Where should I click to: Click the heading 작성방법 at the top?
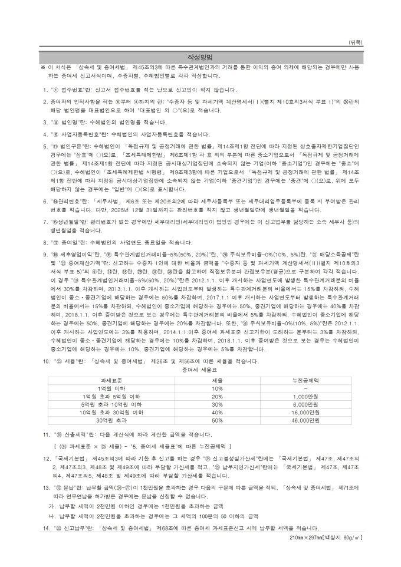point(200,57)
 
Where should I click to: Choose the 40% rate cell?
point(216,413)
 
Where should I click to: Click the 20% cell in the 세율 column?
point(216,397)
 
